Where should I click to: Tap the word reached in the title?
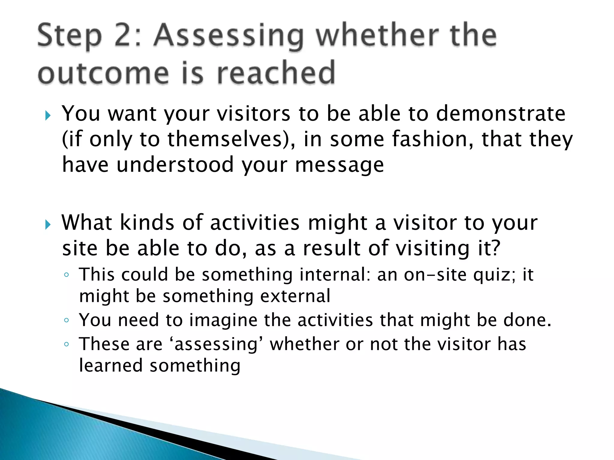point(276,73)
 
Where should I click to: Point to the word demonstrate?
point(500,114)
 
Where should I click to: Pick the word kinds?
point(147,223)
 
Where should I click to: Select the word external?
point(295,296)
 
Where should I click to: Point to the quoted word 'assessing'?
point(216,345)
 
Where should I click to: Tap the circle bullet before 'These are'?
point(67,344)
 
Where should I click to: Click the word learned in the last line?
point(111,366)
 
